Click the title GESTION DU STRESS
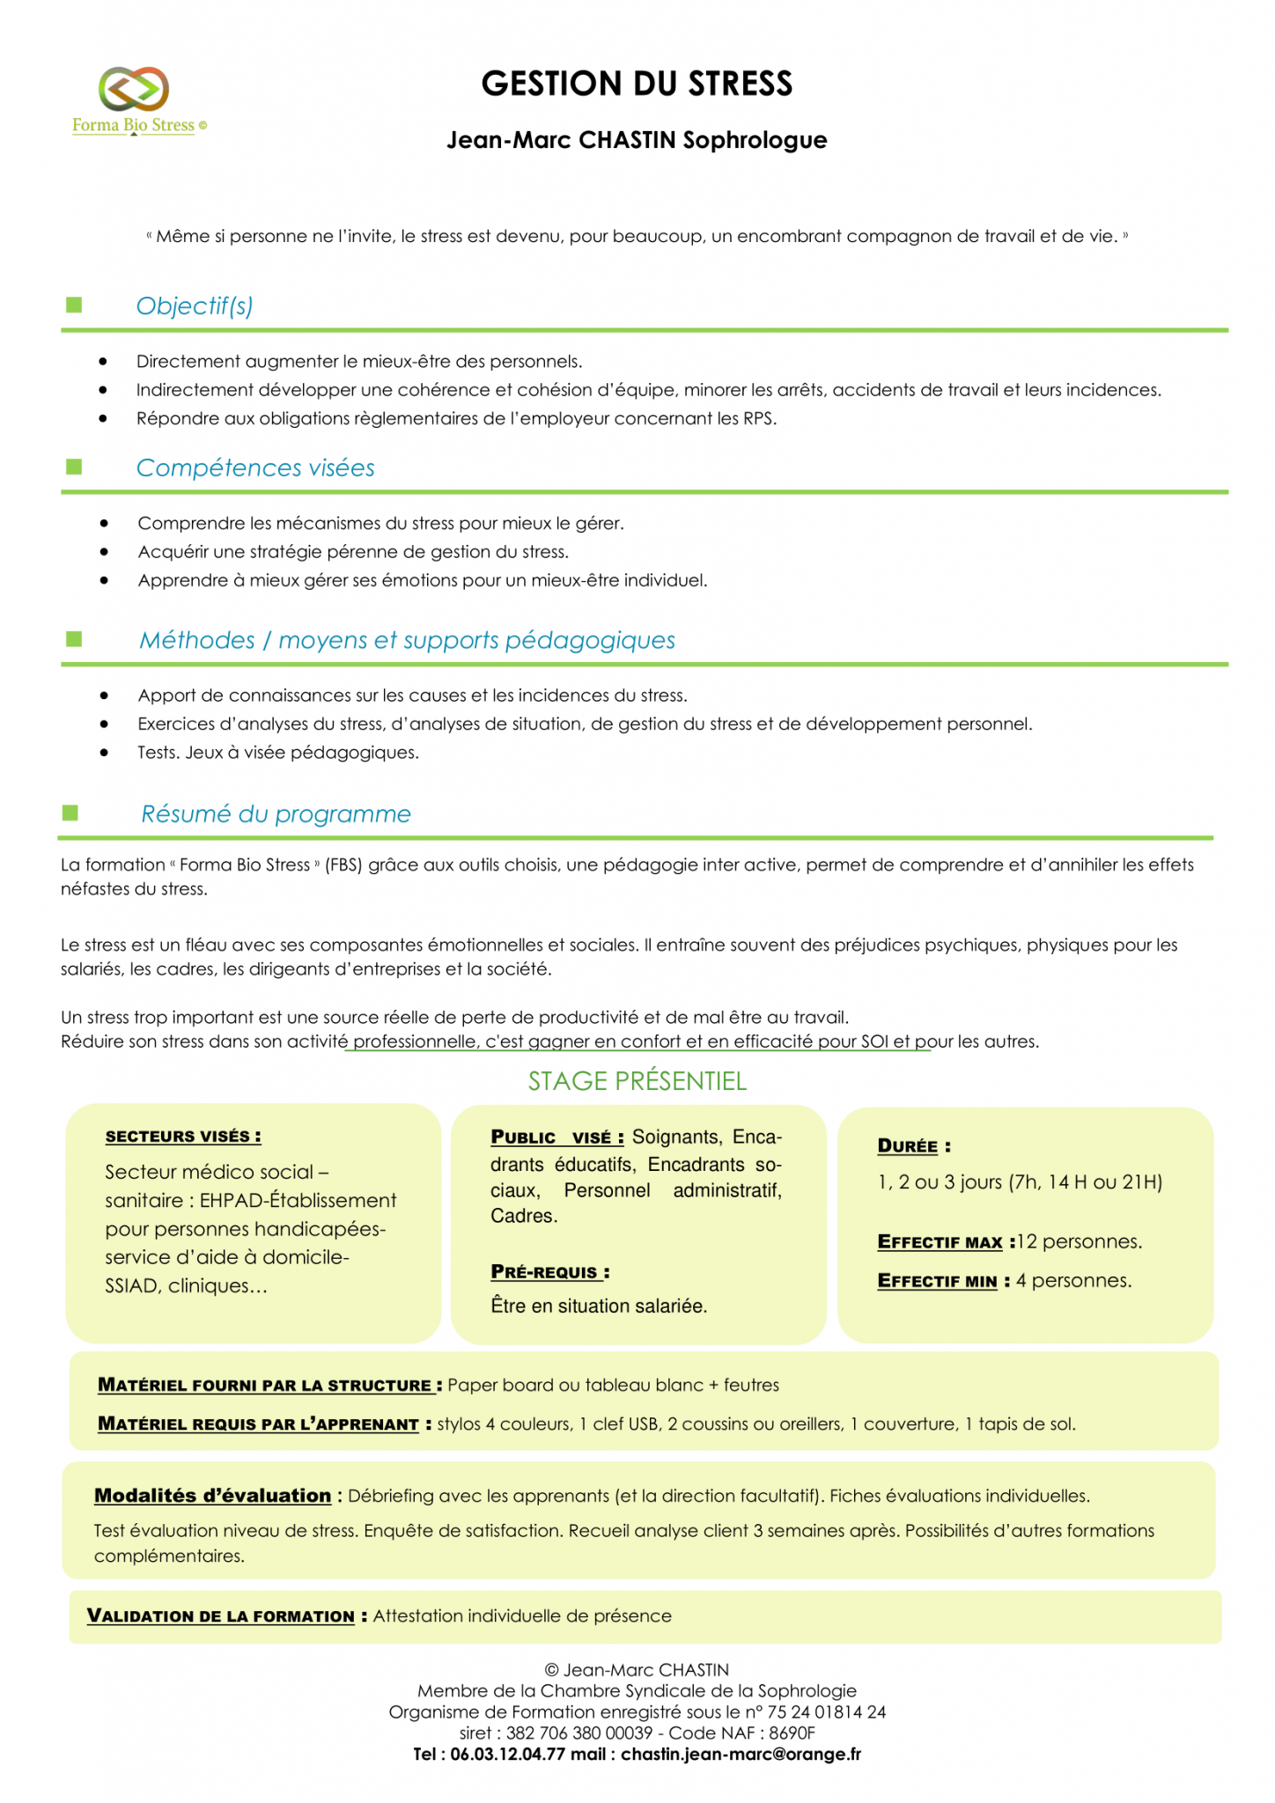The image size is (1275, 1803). click(x=637, y=85)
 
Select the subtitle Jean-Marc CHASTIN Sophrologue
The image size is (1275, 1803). click(x=637, y=140)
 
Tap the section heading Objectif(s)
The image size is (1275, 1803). click(x=195, y=305)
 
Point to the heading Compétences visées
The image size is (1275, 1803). click(x=255, y=467)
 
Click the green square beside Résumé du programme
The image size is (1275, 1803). click(x=70, y=813)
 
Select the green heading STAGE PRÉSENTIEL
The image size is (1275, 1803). click(x=637, y=1081)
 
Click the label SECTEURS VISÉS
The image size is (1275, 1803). click(x=183, y=1137)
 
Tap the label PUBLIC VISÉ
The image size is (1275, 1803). click(x=557, y=1137)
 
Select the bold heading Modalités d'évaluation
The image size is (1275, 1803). click(x=212, y=1496)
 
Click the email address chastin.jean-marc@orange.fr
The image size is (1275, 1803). click(x=741, y=1755)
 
